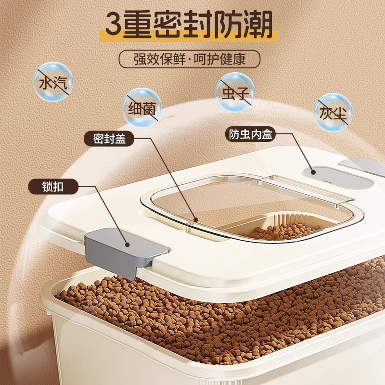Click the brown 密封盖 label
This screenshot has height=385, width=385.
coord(109,139)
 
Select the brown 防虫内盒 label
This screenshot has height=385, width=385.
coord(250,134)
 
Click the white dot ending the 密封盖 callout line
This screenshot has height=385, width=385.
coord(195,220)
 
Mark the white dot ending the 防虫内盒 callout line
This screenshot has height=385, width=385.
coord(313,171)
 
